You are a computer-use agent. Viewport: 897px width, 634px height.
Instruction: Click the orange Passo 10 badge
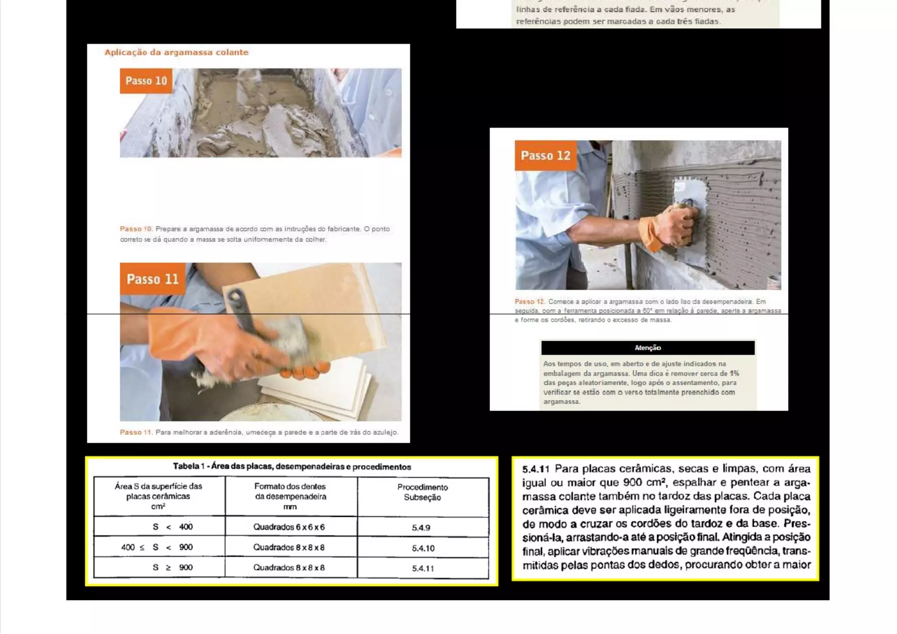(146, 81)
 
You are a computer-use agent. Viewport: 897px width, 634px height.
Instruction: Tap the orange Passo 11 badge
(152, 279)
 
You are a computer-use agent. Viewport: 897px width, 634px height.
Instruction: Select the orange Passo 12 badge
(545, 155)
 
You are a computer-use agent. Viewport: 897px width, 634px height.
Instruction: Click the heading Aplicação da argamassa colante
(176, 53)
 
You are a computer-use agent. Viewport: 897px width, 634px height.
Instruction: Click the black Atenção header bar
(647, 348)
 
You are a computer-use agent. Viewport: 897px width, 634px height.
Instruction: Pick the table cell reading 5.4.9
(421, 528)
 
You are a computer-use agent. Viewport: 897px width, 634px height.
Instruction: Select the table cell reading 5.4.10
(423, 548)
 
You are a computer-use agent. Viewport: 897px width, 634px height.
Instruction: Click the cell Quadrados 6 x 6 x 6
(289, 527)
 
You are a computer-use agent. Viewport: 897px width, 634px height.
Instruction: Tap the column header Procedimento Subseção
(422, 493)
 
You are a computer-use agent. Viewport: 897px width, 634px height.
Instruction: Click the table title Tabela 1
(292, 467)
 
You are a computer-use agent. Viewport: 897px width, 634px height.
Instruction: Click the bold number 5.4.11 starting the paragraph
(535, 469)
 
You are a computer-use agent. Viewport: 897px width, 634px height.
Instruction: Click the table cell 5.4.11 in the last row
(423, 568)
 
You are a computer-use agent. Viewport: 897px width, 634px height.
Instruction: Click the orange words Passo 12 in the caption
(529, 302)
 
